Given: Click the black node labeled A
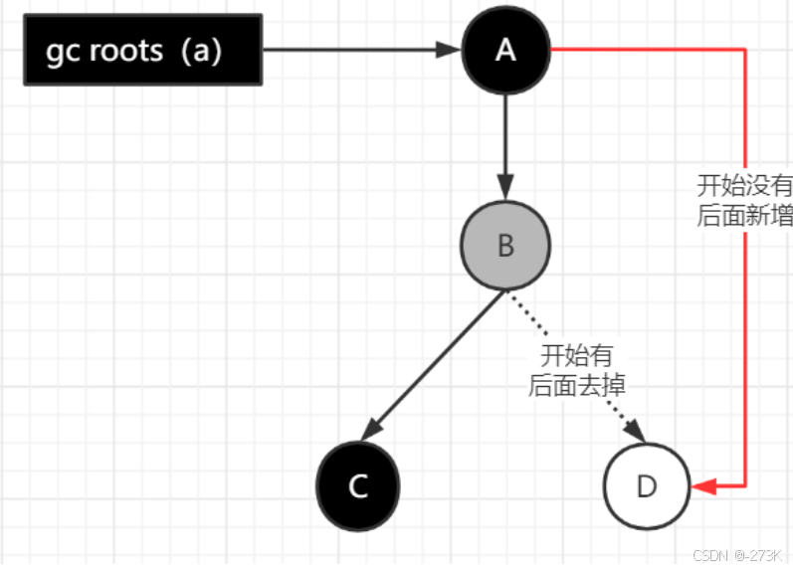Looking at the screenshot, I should pos(505,50).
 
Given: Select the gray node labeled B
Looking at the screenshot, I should pos(505,246).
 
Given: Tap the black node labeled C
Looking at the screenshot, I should pos(358,485).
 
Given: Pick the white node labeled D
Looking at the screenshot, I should pos(647,485).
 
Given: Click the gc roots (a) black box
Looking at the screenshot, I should pos(143,50).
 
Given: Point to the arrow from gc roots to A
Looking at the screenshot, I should pos(358,50).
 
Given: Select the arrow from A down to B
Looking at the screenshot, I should pos(505,144).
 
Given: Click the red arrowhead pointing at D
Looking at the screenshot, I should pos(704,486).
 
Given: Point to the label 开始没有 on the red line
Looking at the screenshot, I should pos(744,186).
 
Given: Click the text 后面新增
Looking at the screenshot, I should pos(744,216).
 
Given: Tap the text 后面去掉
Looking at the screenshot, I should pos(576,385).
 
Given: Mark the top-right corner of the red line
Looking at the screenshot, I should pos(744,49).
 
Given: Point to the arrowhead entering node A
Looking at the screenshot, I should pos(451,50).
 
